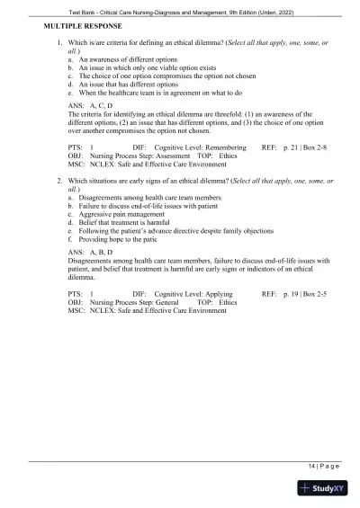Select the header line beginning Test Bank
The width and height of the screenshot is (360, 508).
pos(180,8)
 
